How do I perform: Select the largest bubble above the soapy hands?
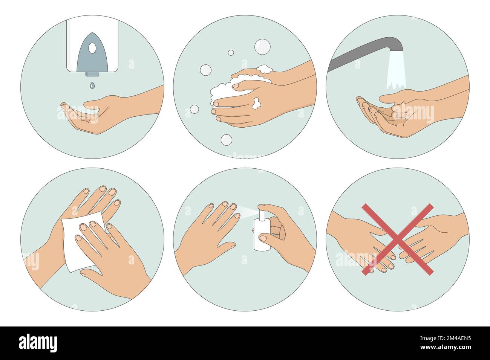pos(262,46)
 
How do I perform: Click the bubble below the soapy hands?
pos(227,140)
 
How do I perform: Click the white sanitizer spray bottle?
pos(262,235)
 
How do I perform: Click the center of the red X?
pos(397,239)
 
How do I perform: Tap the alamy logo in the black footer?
pos(38,343)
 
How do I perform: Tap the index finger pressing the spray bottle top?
pos(268,208)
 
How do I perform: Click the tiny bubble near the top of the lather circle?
pos(231,53)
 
